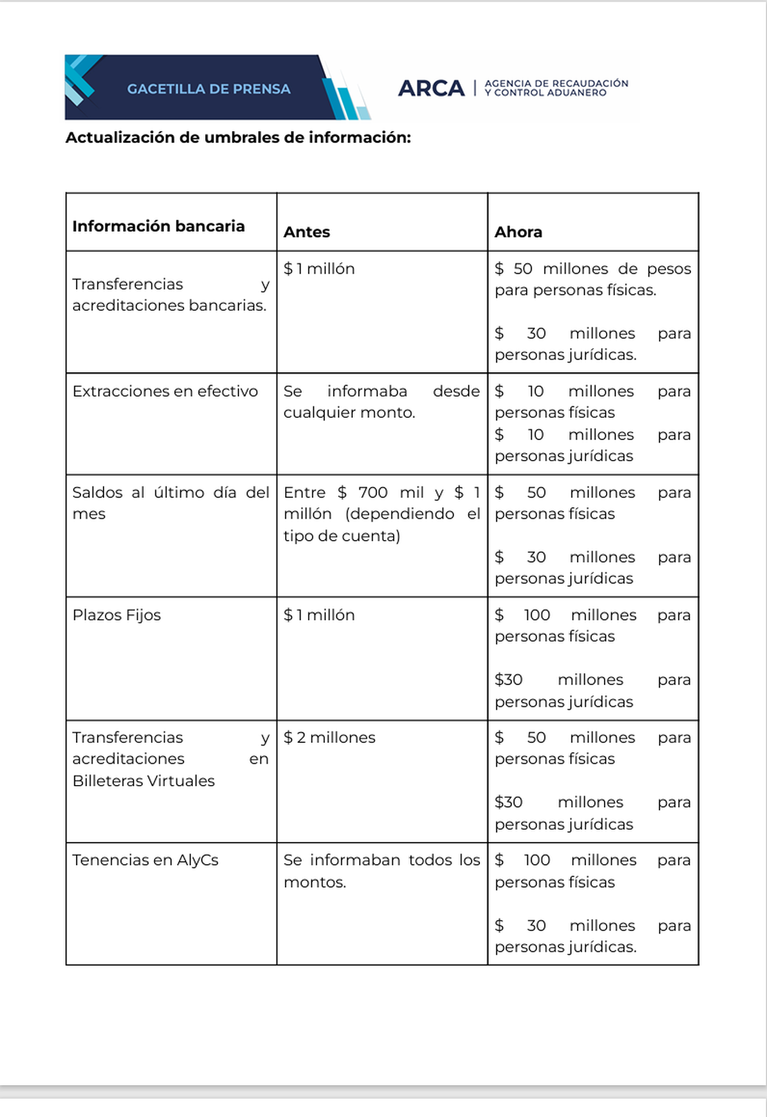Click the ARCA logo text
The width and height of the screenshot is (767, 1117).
pyautogui.click(x=431, y=88)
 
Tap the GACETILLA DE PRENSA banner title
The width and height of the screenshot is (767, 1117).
pyautogui.click(x=208, y=89)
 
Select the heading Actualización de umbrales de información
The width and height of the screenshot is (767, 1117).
pyautogui.click(x=238, y=138)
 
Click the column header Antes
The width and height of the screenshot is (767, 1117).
pyautogui.click(x=307, y=232)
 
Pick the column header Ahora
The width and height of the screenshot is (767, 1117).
pyautogui.click(x=518, y=232)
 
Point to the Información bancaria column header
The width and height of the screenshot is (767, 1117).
pyautogui.click(x=159, y=226)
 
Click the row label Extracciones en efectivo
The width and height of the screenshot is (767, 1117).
pyautogui.click(x=165, y=391)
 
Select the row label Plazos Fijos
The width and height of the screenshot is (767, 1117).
pyautogui.click(x=116, y=615)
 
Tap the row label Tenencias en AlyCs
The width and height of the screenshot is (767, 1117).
pyautogui.click(x=145, y=860)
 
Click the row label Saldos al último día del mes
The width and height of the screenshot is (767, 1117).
pyautogui.click(x=170, y=503)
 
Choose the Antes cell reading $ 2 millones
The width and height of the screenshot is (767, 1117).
pyautogui.click(x=329, y=737)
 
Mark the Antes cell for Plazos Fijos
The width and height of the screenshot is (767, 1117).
pyautogui.click(x=319, y=615)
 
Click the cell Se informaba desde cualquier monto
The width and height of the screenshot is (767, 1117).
pyautogui.click(x=381, y=402)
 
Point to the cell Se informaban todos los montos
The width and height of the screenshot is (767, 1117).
pyautogui.click(x=381, y=871)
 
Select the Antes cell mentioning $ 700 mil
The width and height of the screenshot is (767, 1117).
pyautogui.click(x=381, y=514)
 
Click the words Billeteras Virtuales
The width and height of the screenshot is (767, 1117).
pyautogui.click(x=144, y=780)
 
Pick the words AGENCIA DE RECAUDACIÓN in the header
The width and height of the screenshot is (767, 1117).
pyautogui.click(x=556, y=83)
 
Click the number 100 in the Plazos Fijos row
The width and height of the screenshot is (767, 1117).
pyautogui.click(x=537, y=615)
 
